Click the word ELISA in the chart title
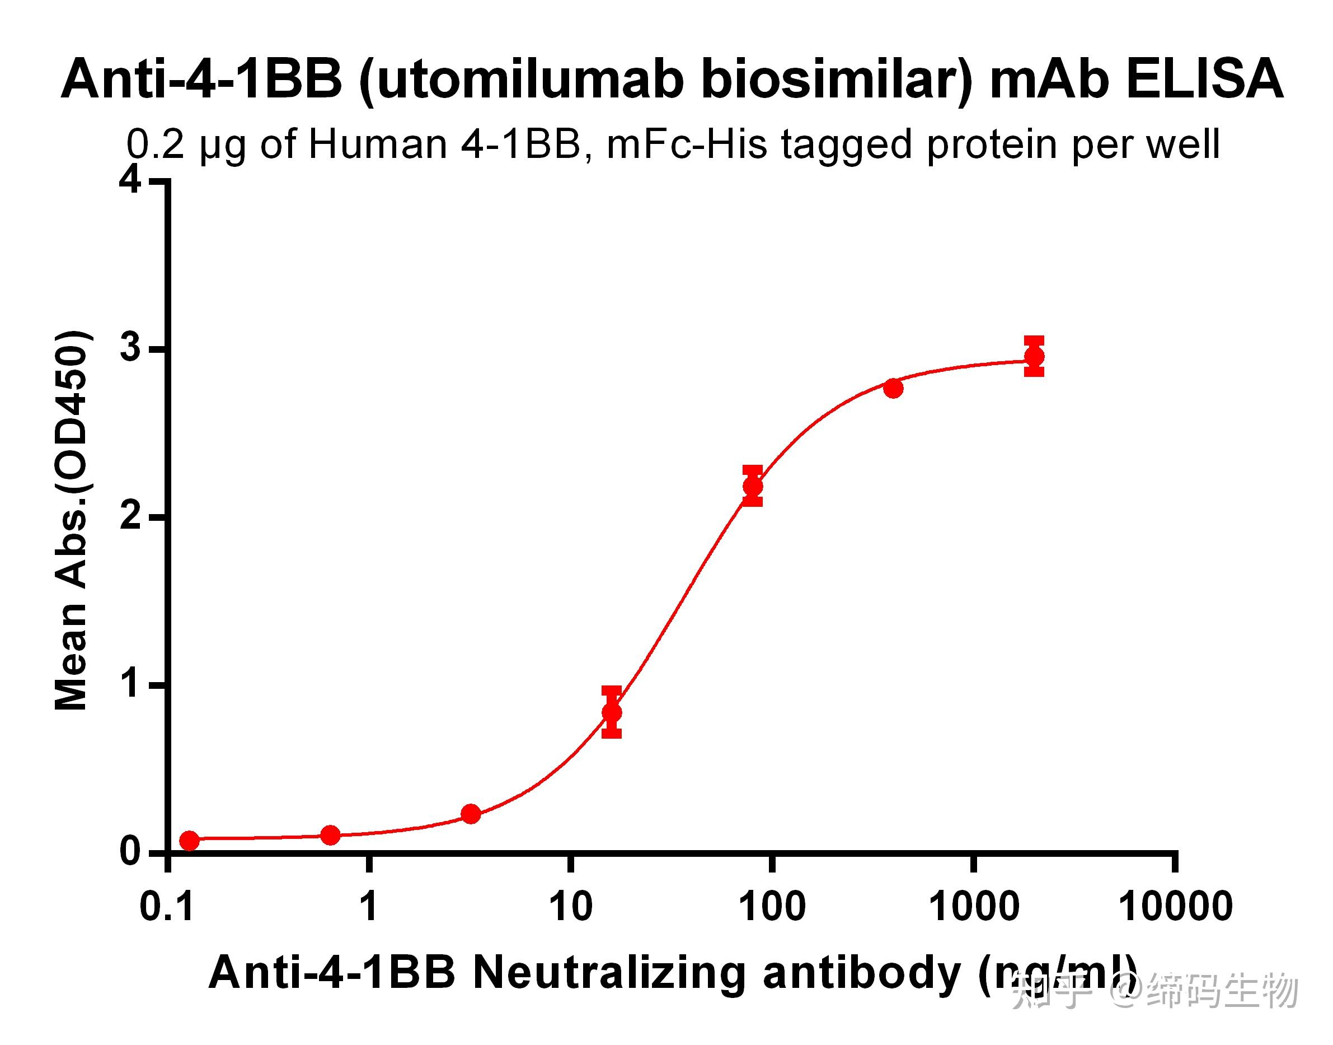click(x=1204, y=79)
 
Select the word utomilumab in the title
click(x=528, y=80)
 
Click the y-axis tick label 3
click(x=130, y=349)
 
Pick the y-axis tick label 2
click(x=130, y=517)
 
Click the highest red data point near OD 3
click(x=1034, y=356)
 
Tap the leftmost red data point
click(x=190, y=841)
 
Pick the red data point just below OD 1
click(x=612, y=712)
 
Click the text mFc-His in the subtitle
click(x=687, y=144)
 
